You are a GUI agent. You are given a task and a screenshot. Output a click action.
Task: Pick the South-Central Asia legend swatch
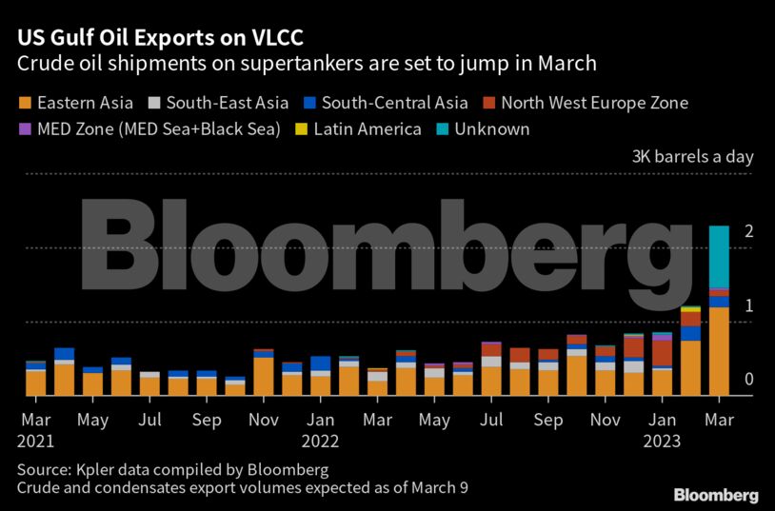tap(308, 102)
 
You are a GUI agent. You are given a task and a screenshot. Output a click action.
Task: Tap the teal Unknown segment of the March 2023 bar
tap(719, 255)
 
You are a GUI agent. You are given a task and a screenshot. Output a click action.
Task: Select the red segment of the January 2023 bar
tap(663, 353)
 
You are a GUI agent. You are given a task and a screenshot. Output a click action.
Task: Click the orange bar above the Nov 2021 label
tap(264, 376)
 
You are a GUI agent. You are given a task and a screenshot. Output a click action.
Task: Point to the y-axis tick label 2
tap(749, 232)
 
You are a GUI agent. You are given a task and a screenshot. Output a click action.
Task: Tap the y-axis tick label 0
tap(749, 380)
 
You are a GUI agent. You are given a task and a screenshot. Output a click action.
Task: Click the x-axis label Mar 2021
tap(35, 429)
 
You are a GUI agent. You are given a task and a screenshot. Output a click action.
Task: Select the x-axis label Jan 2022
tap(321, 429)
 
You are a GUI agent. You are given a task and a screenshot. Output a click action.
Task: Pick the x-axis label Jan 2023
tap(664, 429)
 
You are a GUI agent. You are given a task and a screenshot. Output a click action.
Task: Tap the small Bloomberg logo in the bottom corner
tap(716, 495)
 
